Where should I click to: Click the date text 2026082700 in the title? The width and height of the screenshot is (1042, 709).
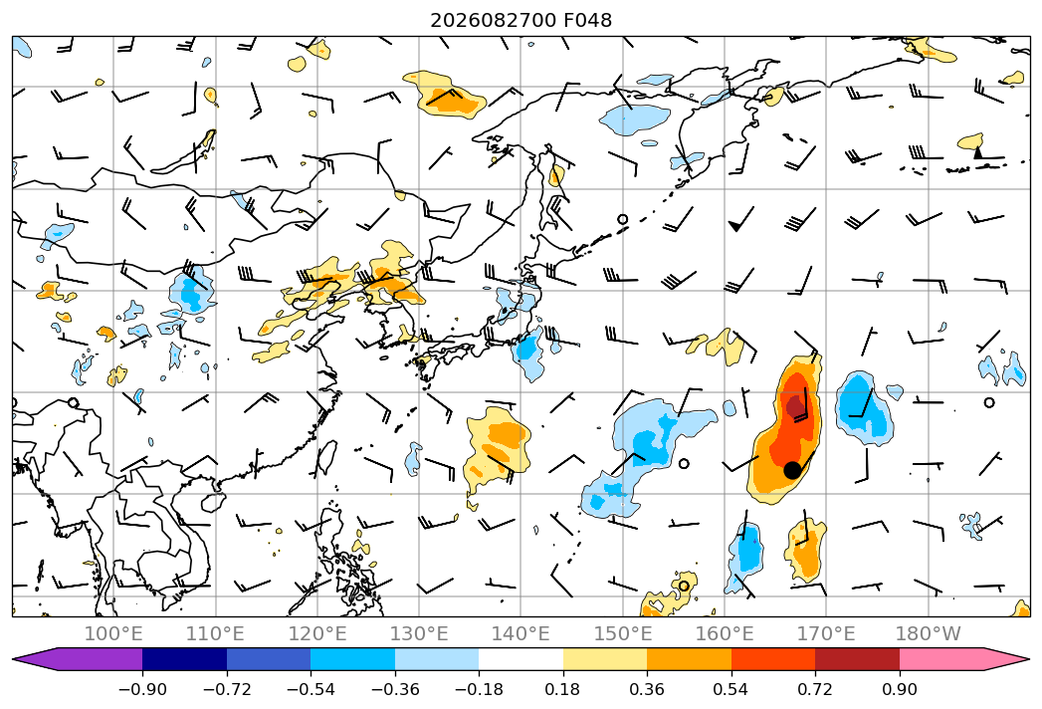point(493,21)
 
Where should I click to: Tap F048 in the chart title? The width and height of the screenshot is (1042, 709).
point(587,21)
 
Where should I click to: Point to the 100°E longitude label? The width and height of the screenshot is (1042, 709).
point(113,634)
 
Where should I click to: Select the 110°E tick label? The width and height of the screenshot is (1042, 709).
point(215,634)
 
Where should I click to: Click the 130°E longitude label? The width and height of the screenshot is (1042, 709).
point(419,634)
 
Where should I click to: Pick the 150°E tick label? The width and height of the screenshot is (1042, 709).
point(623,634)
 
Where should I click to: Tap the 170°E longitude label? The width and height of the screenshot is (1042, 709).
point(826,634)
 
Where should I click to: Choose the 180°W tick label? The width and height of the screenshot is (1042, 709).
point(929,634)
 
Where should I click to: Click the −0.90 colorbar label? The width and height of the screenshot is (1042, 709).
point(142,689)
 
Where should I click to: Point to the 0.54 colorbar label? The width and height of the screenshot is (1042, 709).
point(731,689)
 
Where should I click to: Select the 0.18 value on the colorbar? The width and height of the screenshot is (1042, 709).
point(563,689)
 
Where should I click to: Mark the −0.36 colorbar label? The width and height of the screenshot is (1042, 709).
point(395,689)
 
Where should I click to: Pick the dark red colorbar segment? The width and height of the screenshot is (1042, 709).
point(857,659)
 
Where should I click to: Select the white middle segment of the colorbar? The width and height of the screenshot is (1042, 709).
point(521,659)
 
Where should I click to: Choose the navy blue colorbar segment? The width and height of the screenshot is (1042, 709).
point(184,659)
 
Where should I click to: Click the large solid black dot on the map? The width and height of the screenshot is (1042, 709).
point(792,470)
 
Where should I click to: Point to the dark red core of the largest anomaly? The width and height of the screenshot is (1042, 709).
point(795,405)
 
